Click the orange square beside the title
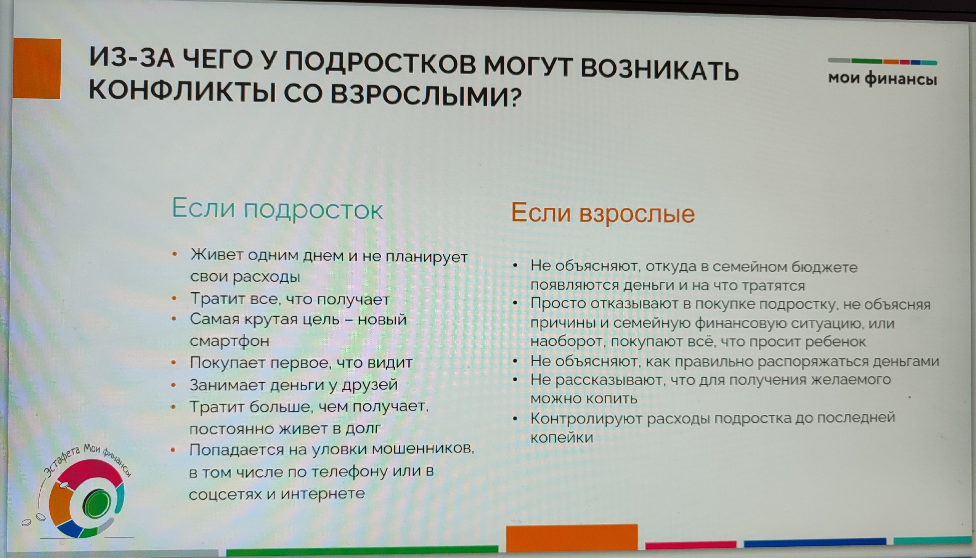[37, 69]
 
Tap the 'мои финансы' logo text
[883, 79]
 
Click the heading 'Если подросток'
[277, 209]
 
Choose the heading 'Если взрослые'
[603, 213]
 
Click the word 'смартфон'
[229, 341]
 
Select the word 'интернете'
[323, 493]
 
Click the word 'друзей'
[369, 385]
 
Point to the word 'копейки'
[562, 437]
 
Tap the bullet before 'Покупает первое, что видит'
[173, 362]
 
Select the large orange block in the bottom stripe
[571, 539]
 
